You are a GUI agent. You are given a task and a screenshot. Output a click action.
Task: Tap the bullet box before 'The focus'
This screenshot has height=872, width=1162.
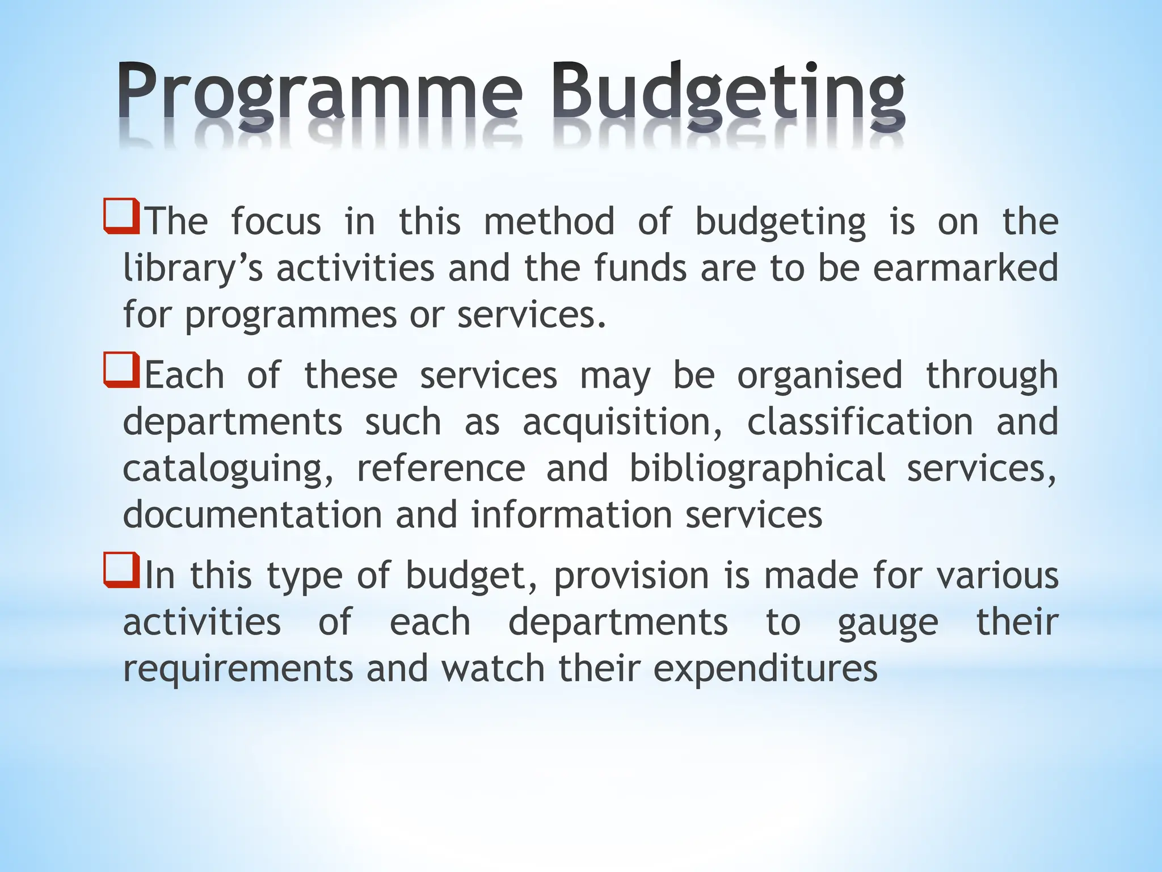tap(121, 216)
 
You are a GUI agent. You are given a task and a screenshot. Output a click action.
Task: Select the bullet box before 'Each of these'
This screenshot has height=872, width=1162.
tap(121, 370)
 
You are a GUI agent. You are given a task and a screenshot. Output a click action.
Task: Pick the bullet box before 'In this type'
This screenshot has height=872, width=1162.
tap(121, 570)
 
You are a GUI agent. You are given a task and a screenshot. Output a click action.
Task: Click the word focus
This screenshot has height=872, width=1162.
tap(276, 221)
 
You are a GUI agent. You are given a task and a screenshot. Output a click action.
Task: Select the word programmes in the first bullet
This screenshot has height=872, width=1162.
tap(290, 316)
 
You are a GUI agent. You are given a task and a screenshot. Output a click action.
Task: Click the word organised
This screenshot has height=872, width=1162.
tap(819, 376)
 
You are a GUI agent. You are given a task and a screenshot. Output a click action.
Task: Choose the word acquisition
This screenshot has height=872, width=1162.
tap(622, 422)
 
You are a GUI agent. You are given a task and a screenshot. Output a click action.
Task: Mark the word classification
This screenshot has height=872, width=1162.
tap(860, 422)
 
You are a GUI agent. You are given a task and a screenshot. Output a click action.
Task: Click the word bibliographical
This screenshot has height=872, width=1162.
tap(757, 469)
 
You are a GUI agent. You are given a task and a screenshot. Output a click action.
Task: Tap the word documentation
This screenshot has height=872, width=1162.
tap(252, 515)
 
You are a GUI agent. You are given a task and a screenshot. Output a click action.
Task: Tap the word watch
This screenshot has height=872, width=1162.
tap(494, 669)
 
